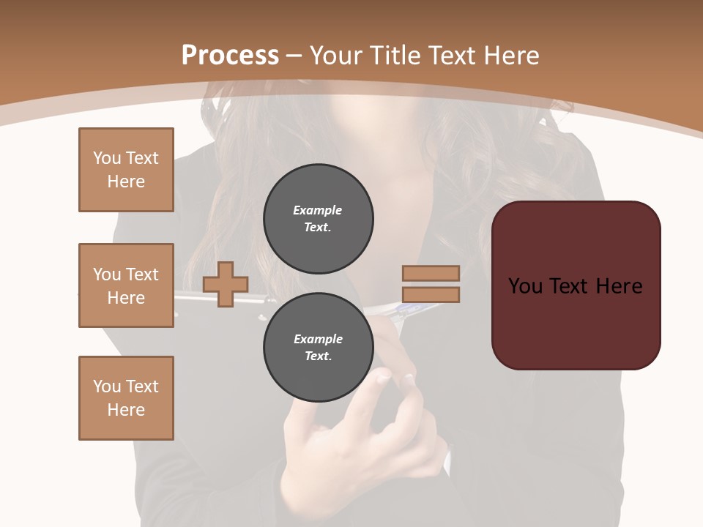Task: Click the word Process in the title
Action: [230, 56]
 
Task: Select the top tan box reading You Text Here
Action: [126, 170]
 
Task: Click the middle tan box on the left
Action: [126, 285]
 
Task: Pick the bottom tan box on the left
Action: [126, 398]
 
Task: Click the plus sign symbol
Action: [226, 283]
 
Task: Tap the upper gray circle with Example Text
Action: [318, 218]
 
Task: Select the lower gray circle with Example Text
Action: [318, 347]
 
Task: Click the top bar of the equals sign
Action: [431, 273]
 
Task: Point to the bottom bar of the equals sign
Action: [431, 295]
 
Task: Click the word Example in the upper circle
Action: [317, 210]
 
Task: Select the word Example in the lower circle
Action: [318, 339]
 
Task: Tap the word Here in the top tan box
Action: [126, 182]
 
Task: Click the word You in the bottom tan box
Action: [106, 386]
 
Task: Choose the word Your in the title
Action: [335, 56]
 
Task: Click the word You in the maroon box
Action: [525, 286]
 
